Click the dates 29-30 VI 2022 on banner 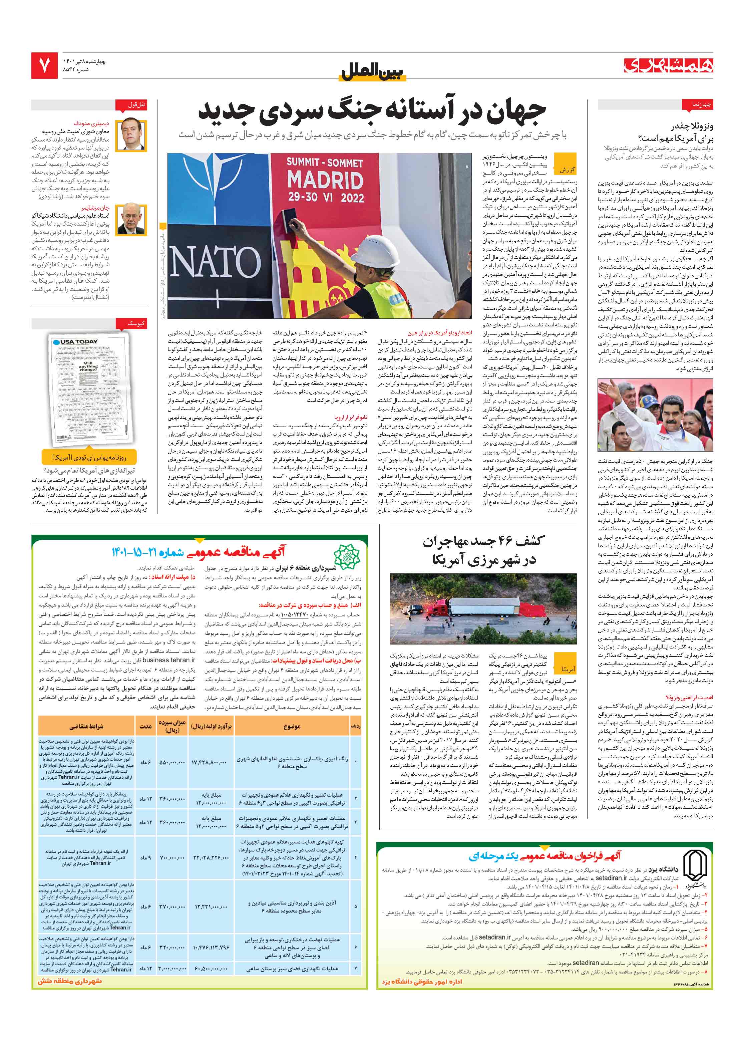click(x=325, y=198)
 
